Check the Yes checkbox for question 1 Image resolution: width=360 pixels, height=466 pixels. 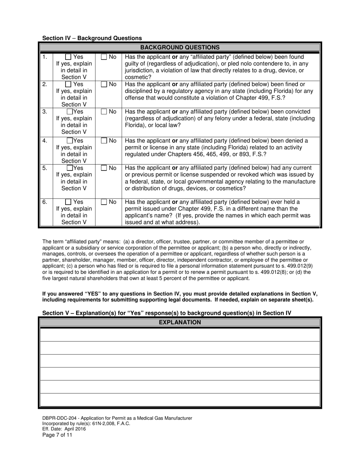click(68, 57)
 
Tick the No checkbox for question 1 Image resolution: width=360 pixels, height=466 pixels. click(104, 57)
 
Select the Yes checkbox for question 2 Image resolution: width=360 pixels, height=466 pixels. click(68, 84)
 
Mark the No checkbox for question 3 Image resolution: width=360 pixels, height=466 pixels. click(104, 112)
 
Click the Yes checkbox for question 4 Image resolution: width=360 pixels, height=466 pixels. click(70, 141)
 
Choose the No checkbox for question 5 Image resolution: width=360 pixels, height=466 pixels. click(104, 168)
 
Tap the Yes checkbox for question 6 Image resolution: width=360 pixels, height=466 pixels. click(68, 202)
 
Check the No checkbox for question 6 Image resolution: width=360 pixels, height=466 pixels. click(104, 202)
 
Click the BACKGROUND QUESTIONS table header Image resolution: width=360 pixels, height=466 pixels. click(180, 48)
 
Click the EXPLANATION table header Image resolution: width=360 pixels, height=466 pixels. click(180, 322)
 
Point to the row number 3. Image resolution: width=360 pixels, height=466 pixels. click(45, 112)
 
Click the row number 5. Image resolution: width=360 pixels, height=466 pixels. click(45, 168)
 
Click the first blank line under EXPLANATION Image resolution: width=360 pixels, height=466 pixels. click(180, 335)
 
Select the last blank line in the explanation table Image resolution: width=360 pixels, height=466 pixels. click(180, 400)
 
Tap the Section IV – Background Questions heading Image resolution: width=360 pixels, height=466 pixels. click(92, 38)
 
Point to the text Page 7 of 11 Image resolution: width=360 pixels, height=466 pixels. click(57, 435)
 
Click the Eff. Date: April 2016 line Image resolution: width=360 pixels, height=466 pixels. click(64, 429)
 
